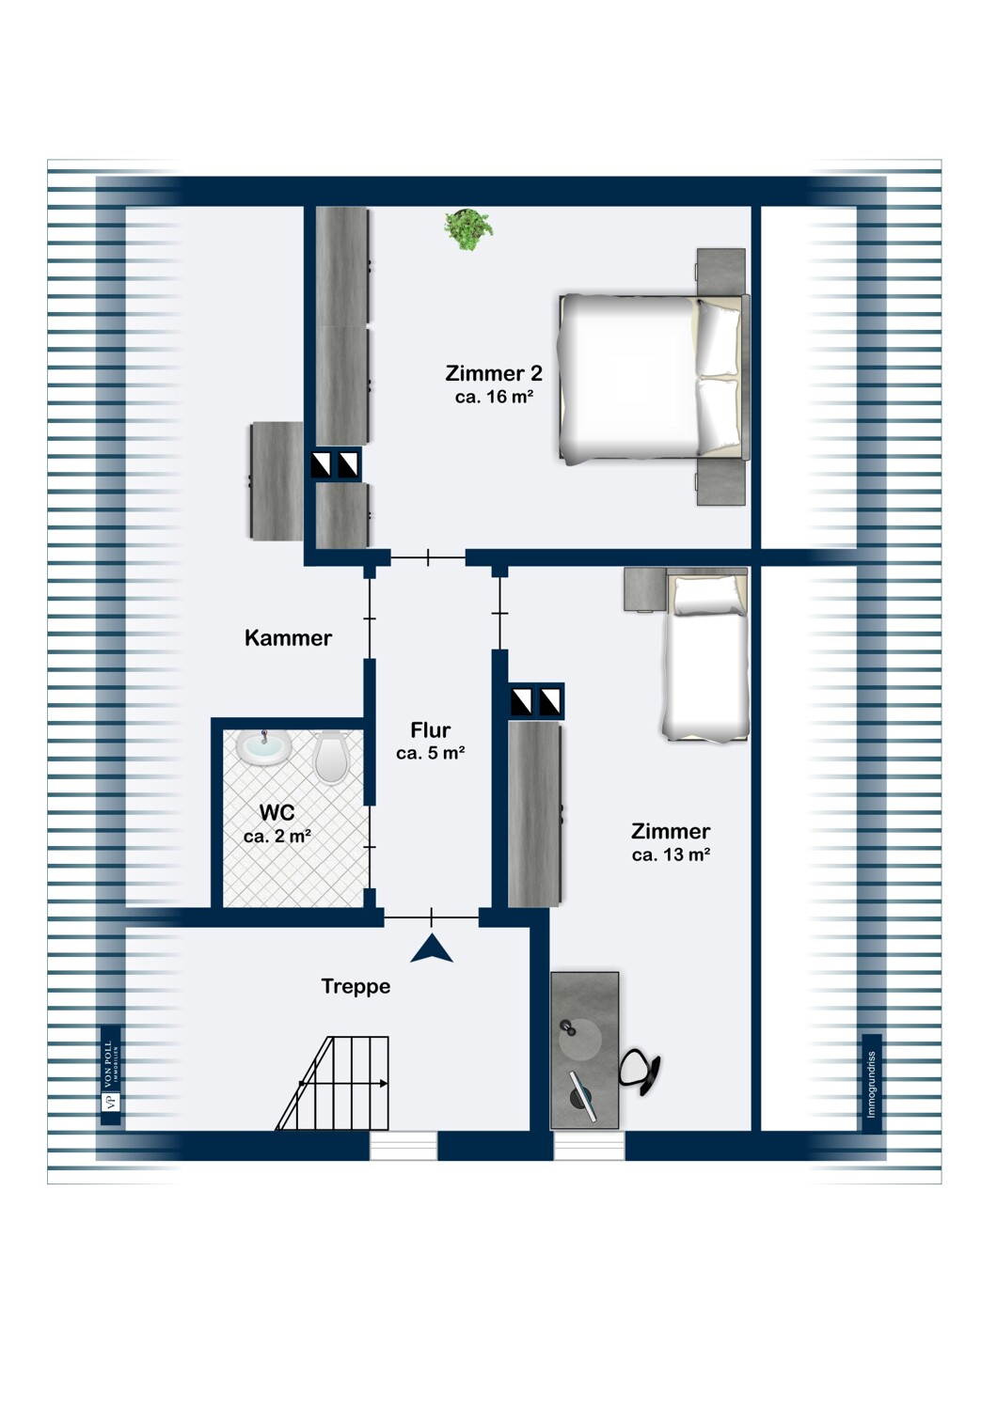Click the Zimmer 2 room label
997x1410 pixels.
click(494, 373)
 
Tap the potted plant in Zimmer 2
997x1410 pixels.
click(468, 228)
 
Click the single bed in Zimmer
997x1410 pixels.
click(706, 657)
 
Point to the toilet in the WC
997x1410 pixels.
click(331, 757)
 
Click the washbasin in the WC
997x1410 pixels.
click(263, 748)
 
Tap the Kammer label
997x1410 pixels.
click(288, 638)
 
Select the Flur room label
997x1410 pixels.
click(431, 730)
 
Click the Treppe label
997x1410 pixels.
click(356, 986)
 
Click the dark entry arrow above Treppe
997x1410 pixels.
click(432, 949)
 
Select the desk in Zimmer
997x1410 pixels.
click(584, 1050)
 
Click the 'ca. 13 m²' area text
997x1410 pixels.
click(671, 855)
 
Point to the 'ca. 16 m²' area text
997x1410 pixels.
click(494, 398)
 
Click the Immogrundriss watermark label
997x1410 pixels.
click(872, 1083)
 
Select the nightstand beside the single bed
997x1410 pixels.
click(645, 589)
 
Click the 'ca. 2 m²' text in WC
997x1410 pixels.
click(277, 837)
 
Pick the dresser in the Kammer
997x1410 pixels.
click(277, 481)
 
